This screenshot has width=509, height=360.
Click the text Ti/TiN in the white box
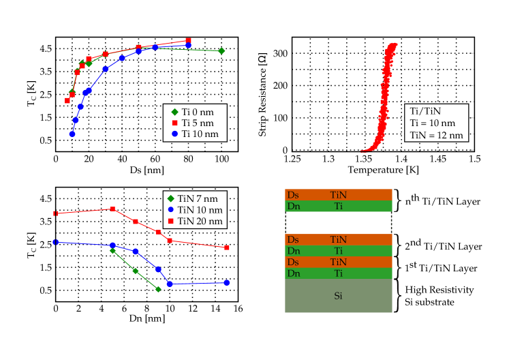425,111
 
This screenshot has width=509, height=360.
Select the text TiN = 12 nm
436,135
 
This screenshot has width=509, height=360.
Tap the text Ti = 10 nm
432,123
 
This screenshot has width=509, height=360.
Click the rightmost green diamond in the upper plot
221,51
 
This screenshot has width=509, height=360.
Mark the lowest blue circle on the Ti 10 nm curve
72,134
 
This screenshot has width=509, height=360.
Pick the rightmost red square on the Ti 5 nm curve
189,40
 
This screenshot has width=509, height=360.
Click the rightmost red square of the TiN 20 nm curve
227,247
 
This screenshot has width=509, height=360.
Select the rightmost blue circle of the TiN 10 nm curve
226,282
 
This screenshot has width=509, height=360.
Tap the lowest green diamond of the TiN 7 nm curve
158,290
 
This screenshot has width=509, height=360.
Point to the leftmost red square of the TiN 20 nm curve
56,213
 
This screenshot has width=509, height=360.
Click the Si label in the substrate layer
338,296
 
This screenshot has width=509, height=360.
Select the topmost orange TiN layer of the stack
338,194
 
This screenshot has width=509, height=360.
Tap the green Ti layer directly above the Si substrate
338,273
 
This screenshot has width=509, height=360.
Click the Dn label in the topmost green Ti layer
293,206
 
